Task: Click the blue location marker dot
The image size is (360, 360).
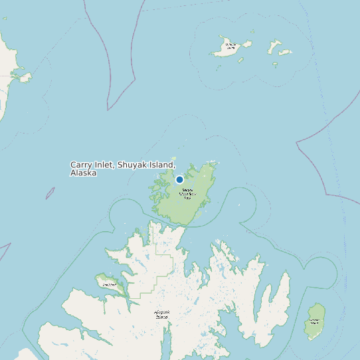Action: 179,179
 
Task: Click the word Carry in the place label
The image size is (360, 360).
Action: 82,165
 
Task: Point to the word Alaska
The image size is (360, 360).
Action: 83,173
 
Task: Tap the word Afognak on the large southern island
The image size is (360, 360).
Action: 162,312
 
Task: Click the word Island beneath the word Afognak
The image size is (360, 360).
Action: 162,317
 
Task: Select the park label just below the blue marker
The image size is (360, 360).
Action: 187,193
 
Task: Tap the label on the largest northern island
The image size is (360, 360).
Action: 230,46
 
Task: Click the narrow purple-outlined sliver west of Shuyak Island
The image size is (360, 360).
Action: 50,193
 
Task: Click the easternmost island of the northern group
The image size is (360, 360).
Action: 286,52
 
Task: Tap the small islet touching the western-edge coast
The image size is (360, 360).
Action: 25,78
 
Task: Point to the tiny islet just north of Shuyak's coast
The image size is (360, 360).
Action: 213,161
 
